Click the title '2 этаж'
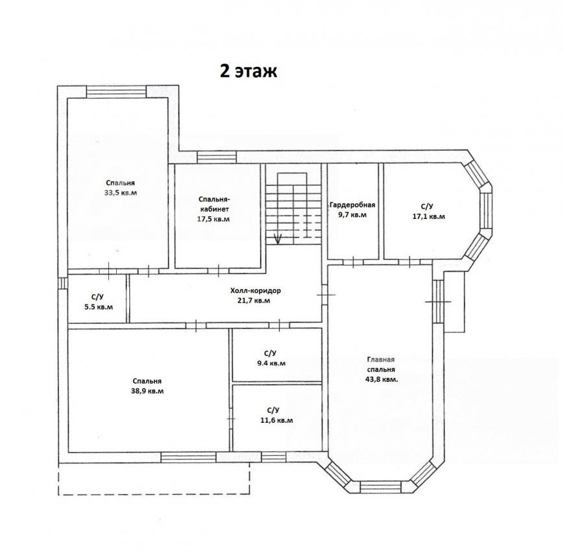click(248, 71)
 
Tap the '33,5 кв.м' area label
click(121, 192)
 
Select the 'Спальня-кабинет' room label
click(214, 204)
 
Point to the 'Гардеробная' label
click(352, 205)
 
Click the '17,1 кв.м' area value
click(428, 217)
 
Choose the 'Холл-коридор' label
click(255, 290)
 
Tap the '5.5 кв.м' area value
click(97, 307)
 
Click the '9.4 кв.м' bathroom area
click(271, 363)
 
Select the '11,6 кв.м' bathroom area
click(276, 420)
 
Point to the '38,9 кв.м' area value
click(147, 391)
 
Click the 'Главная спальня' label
click(381, 364)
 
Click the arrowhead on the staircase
click(277, 238)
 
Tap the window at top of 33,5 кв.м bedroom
click(116, 91)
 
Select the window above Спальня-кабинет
click(217, 157)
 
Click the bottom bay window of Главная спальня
click(380, 487)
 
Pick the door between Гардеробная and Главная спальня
click(353, 262)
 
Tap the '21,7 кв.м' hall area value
click(255, 301)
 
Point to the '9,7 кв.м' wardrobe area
click(352, 215)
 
